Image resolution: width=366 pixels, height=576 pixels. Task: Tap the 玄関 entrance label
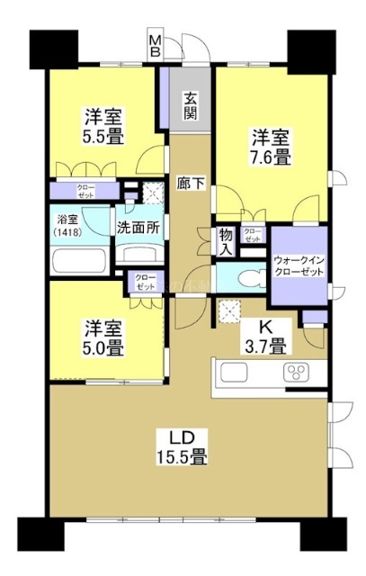tap(192, 106)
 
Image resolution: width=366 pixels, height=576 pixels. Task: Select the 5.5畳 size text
tap(105, 136)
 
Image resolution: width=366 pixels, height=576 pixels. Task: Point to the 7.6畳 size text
tap(271, 157)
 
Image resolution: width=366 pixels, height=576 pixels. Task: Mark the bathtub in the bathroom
tap(79, 262)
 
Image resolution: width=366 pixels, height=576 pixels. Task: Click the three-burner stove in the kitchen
tap(297, 373)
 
